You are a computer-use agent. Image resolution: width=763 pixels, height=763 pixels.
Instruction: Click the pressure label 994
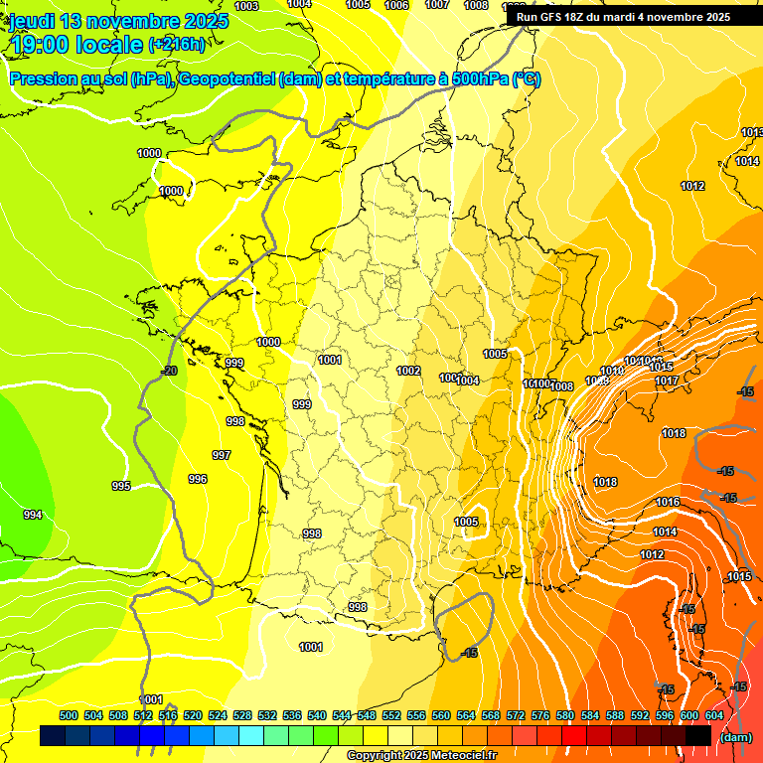tap(33, 515)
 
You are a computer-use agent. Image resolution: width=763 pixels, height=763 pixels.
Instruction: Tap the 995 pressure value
tap(120, 486)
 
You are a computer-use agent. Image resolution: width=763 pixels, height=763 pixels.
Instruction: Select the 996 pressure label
tap(198, 479)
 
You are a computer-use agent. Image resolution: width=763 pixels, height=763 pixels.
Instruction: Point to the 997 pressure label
tap(222, 455)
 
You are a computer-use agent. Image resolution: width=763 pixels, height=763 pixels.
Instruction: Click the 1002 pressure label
tap(408, 371)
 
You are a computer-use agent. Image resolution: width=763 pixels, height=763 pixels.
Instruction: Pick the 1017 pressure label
tap(666, 381)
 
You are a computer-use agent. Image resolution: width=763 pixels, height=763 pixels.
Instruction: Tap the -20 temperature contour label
tap(169, 371)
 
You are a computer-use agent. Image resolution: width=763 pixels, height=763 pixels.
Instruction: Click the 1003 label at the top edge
tap(246, 6)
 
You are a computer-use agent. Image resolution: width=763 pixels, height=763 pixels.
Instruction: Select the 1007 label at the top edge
tap(437, 5)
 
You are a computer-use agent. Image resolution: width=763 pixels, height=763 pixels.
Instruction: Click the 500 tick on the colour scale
tap(69, 715)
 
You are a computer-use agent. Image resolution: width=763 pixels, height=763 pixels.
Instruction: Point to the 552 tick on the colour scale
tap(391, 715)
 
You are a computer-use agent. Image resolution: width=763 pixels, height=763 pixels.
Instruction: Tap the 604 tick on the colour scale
tap(714, 715)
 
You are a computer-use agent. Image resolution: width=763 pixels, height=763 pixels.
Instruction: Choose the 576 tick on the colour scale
tap(540, 715)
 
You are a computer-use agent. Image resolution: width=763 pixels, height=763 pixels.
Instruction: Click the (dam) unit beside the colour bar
tap(735, 737)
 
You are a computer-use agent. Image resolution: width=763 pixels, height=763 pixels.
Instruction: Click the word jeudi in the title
tap(32, 21)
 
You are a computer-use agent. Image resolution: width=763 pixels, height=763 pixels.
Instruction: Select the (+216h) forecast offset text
tap(177, 44)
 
